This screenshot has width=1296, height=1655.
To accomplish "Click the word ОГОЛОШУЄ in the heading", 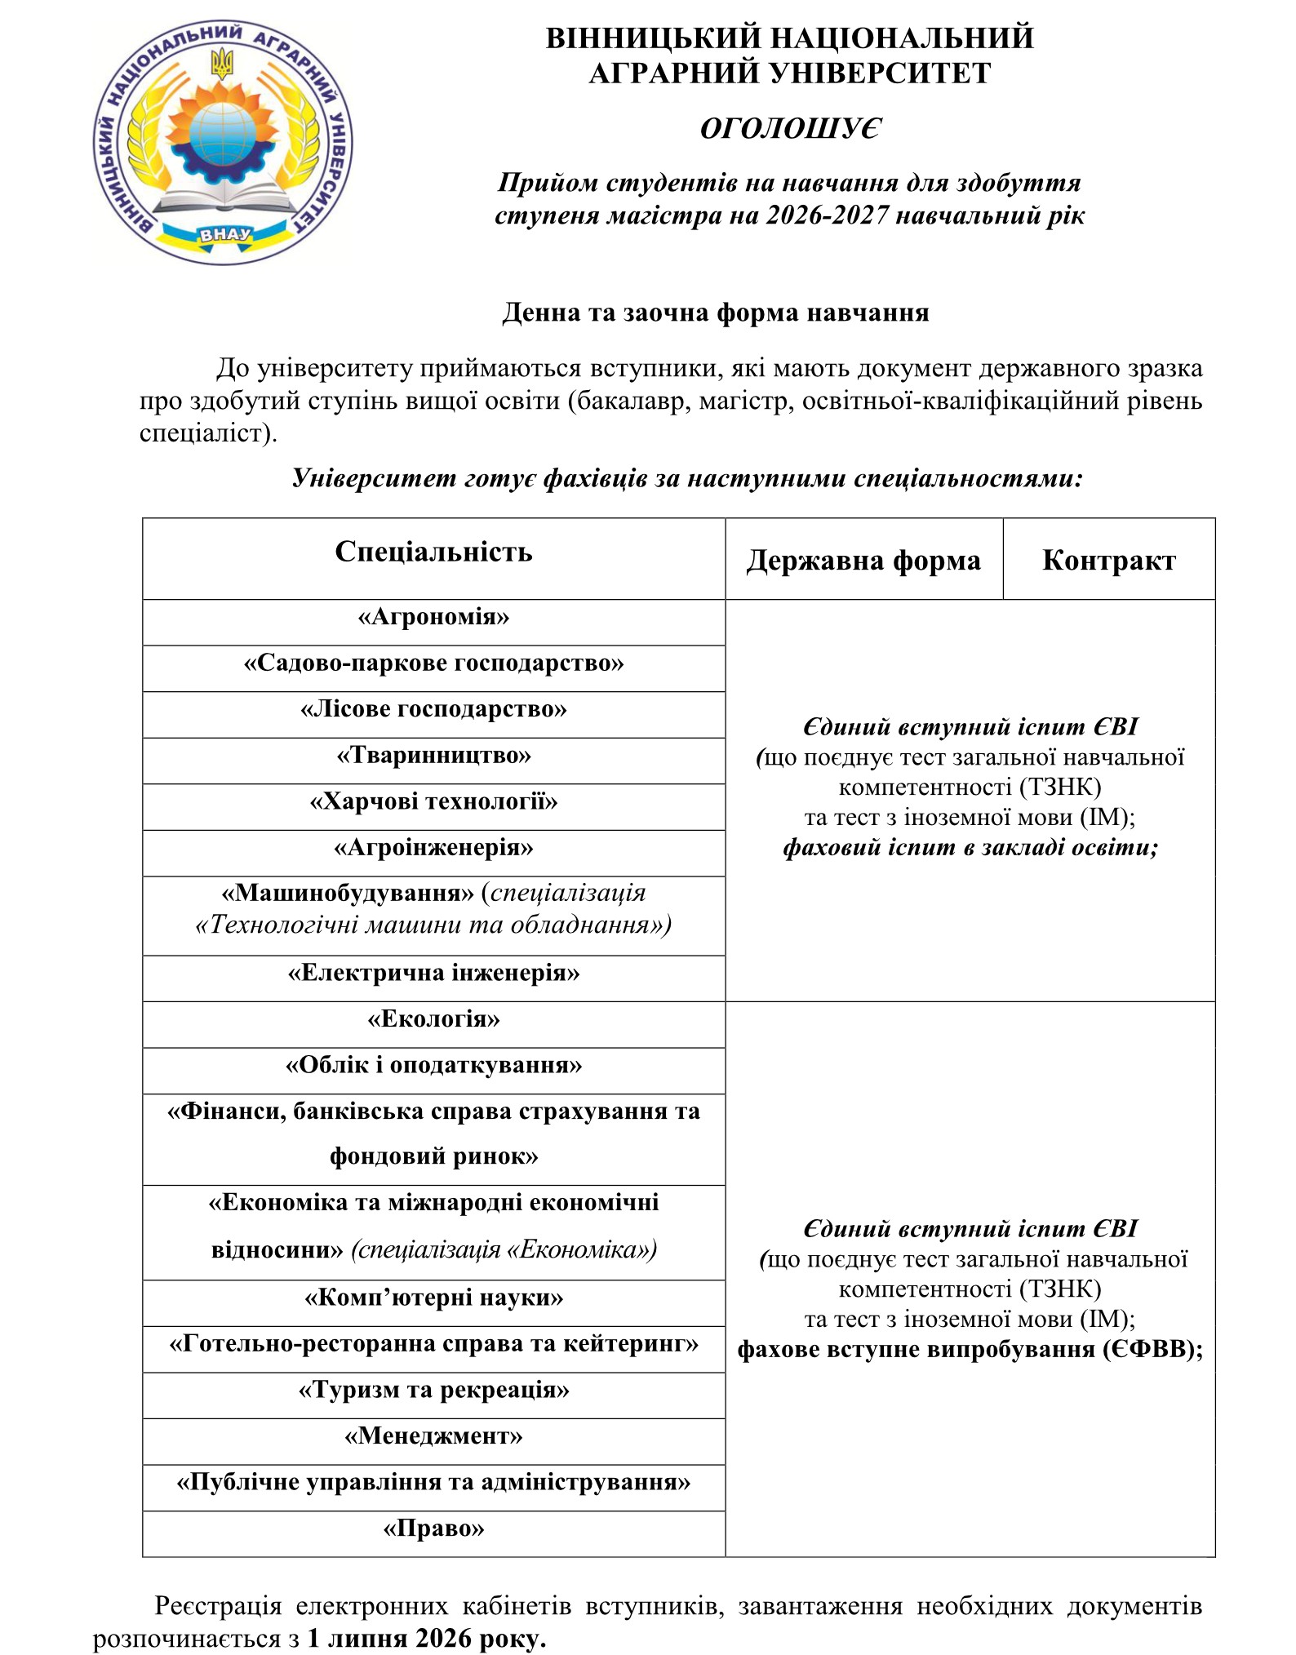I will click(x=790, y=129).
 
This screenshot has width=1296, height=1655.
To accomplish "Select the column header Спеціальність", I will click(x=433, y=552).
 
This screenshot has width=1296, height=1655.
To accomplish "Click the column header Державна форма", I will click(x=863, y=561).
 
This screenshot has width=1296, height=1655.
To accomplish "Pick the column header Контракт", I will click(x=1108, y=561).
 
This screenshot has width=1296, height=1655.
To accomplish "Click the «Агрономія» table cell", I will click(x=433, y=617).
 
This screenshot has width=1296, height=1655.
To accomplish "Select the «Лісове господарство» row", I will click(x=433, y=709).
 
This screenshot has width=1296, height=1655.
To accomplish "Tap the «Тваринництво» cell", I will click(x=433, y=756).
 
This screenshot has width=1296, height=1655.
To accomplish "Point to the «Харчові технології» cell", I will click(x=433, y=802).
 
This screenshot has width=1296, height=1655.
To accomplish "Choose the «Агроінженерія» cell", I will click(x=433, y=848).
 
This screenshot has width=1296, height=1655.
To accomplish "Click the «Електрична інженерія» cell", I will click(x=433, y=974).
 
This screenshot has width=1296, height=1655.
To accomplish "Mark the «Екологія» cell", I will click(x=433, y=1019).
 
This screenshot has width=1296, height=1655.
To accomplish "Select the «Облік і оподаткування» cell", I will click(x=433, y=1066).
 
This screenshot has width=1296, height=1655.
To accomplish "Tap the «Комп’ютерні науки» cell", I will click(x=433, y=1298).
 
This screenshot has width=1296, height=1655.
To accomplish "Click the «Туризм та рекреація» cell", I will click(x=433, y=1390).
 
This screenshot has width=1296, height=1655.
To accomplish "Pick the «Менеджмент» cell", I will click(x=433, y=1436).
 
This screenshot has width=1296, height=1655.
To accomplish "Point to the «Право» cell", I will click(x=433, y=1529).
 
